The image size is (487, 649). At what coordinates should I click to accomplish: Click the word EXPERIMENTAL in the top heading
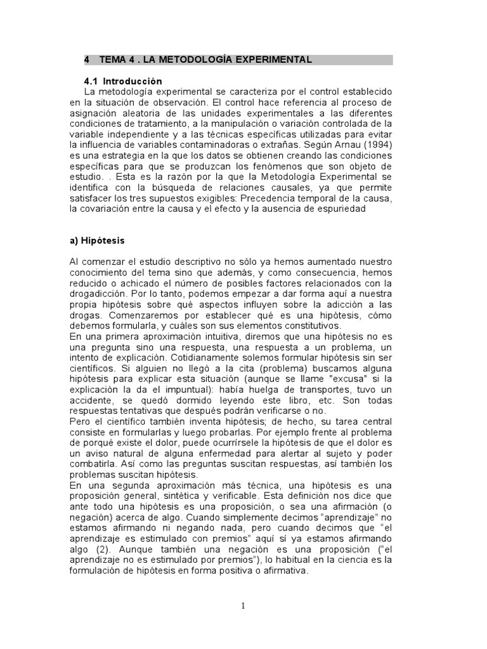(x=272, y=60)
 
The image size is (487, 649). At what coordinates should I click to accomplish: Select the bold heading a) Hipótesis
(x=97, y=241)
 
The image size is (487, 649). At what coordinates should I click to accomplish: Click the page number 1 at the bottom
(x=243, y=606)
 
